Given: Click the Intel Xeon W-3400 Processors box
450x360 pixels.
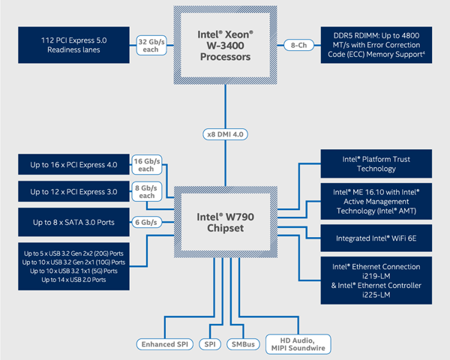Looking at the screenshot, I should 225,44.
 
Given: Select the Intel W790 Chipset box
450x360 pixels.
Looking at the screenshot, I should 225,221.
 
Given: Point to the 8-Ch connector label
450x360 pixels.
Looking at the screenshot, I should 298,45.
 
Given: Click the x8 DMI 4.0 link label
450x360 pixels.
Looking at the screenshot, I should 226,135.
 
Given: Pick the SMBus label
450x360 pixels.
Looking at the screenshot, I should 242,344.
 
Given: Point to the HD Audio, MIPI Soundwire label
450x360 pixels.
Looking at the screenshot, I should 298,343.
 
